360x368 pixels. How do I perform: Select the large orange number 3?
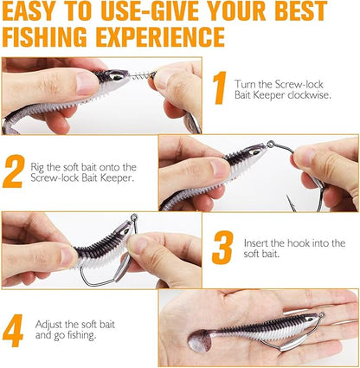tap(222, 247)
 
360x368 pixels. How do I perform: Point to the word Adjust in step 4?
tap(49, 323)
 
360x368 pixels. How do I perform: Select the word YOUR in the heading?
tap(246, 13)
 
